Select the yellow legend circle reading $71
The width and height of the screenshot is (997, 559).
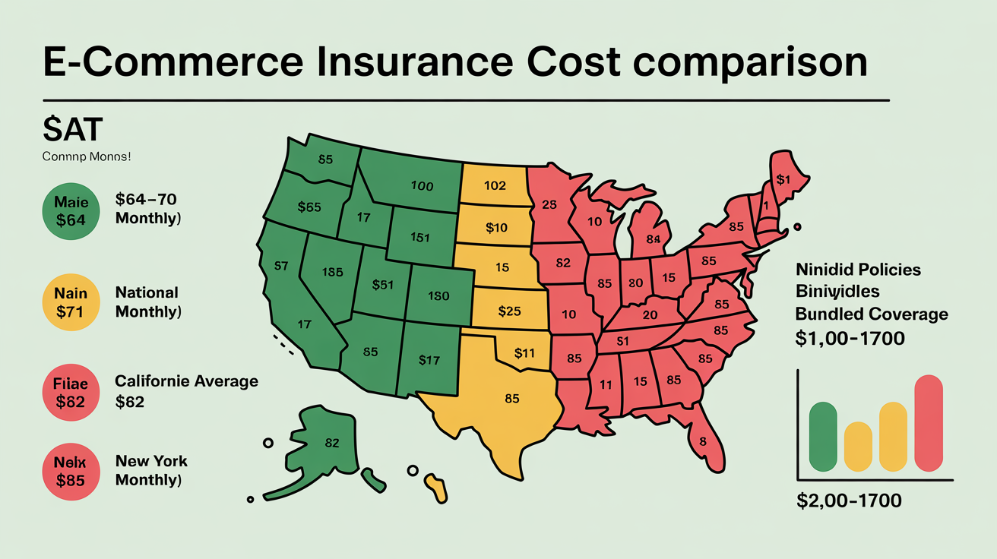click(x=71, y=302)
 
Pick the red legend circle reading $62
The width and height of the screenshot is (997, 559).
click(x=71, y=392)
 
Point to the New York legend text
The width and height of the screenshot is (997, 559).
click(x=151, y=461)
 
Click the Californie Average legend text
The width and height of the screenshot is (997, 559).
click(x=186, y=381)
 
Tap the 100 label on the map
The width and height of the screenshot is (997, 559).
click(x=422, y=185)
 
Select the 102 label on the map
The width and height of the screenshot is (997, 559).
click(x=495, y=185)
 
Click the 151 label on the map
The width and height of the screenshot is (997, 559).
click(x=420, y=236)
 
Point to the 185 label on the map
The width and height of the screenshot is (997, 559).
click(x=333, y=272)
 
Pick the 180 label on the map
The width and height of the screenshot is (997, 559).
click(x=439, y=295)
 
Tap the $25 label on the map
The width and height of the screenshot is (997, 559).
click(x=509, y=311)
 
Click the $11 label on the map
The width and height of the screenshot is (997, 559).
click(x=524, y=352)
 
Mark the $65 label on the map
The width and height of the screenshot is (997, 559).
click(x=309, y=207)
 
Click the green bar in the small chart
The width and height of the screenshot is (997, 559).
click(x=823, y=436)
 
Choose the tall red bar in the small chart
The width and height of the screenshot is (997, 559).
click(x=933, y=423)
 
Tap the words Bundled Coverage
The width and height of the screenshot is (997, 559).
click(x=872, y=314)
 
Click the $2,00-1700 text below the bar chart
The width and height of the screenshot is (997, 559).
click(x=849, y=501)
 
